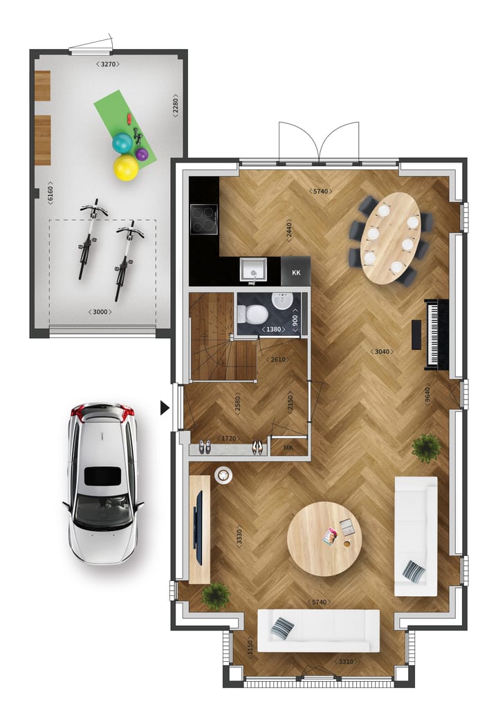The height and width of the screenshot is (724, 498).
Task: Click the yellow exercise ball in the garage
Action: click(127, 167)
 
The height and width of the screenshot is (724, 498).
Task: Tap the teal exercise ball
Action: click(122, 143)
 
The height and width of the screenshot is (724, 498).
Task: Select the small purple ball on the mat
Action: click(142, 154)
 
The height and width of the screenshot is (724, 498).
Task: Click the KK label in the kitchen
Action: click(296, 272)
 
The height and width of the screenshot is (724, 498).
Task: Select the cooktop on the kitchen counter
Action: click(204, 220)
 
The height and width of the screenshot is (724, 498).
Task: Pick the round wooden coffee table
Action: click(324, 539)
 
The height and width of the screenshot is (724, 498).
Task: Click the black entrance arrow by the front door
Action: click(165, 408)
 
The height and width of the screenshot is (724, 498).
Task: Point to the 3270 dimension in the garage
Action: click(108, 64)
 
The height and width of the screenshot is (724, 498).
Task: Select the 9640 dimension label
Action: click(428, 394)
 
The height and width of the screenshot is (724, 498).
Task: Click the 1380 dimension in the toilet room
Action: click(274, 329)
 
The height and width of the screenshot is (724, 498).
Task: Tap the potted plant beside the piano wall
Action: click(426, 448)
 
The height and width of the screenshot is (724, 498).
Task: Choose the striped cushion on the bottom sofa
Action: click(282, 628)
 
